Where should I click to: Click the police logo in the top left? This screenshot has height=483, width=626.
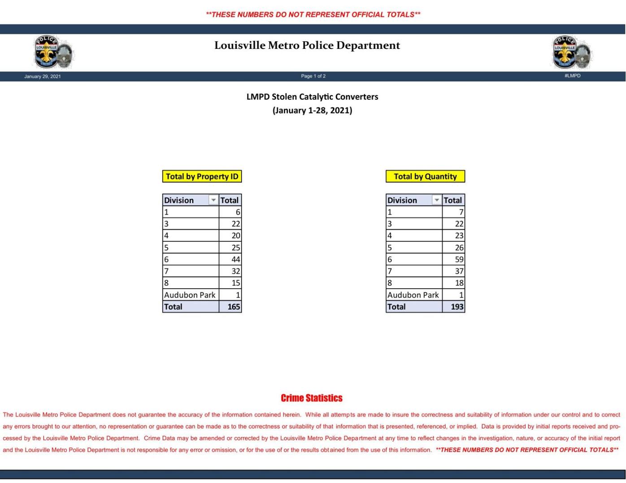(54, 52)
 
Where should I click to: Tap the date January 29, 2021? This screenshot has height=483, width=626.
(43, 76)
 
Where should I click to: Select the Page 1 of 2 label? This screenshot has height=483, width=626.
(313, 76)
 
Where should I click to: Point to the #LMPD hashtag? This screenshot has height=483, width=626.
(572, 76)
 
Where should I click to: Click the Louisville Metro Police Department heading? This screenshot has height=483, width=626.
(307, 45)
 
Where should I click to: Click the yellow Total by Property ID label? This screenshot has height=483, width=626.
(202, 176)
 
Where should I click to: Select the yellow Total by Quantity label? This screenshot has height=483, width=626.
(425, 176)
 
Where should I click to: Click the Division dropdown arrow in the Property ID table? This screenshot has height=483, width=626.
(213, 200)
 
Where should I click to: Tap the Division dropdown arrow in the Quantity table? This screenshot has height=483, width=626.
(437, 200)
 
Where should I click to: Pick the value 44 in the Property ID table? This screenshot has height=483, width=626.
(235, 259)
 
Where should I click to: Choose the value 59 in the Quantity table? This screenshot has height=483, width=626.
(459, 259)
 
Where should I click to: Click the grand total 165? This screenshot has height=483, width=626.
(234, 306)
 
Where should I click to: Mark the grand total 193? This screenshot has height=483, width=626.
(457, 306)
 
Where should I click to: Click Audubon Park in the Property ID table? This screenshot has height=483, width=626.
(190, 295)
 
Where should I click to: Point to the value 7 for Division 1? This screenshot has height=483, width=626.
(461, 212)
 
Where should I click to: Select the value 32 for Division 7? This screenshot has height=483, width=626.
(235, 271)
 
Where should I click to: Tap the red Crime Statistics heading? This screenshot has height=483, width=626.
(312, 398)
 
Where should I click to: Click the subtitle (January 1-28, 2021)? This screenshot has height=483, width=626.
(312, 110)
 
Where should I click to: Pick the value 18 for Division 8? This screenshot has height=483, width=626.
(459, 283)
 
